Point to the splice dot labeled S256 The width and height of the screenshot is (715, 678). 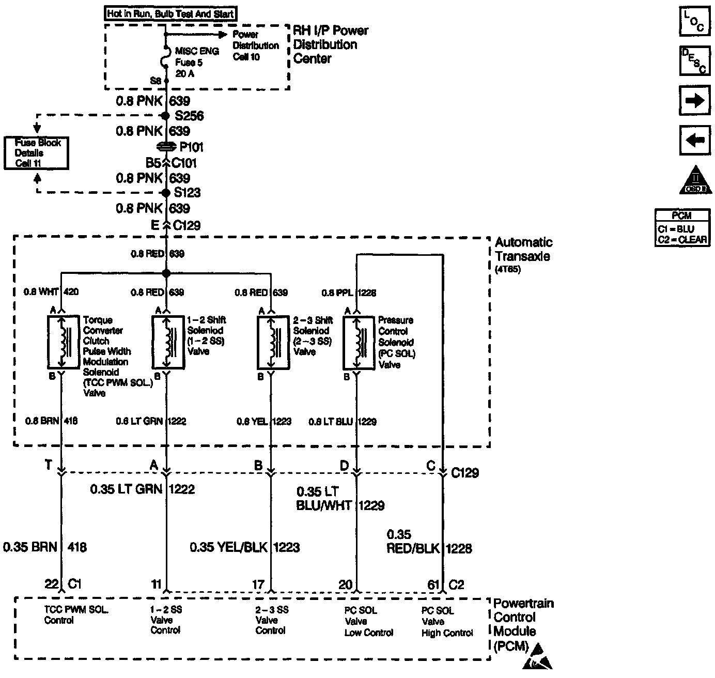(x=166, y=116)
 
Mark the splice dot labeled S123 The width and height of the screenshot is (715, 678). (x=166, y=193)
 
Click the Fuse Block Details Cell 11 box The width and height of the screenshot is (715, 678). (x=36, y=153)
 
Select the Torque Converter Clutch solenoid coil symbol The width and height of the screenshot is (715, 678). (x=61, y=342)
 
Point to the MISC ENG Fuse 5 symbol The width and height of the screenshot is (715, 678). (x=166, y=57)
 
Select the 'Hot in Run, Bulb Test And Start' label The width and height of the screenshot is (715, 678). (x=171, y=14)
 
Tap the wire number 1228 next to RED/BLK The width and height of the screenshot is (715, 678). (x=459, y=548)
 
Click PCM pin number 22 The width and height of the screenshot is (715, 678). (x=51, y=584)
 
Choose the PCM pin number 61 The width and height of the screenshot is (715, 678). (x=433, y=584)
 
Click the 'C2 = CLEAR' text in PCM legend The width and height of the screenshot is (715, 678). (x=681, y=240)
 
